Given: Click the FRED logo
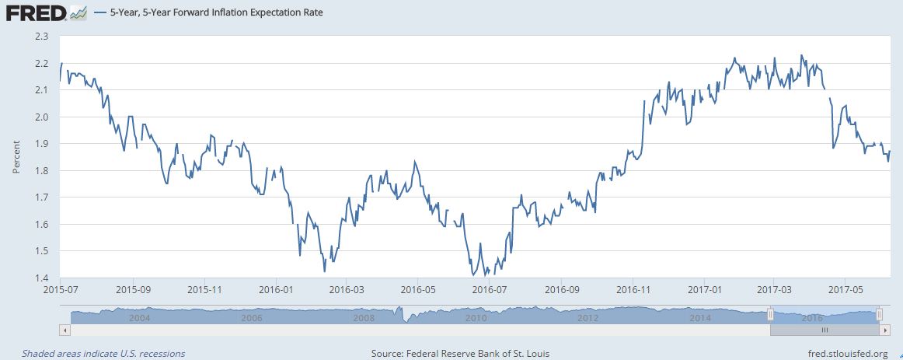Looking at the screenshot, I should point(36,13).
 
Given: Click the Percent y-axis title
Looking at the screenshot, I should point(16,157).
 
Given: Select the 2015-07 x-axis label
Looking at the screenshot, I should point(60,289).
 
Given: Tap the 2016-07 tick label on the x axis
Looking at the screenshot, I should point(490,289).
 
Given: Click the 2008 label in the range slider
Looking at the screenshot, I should point(364,318).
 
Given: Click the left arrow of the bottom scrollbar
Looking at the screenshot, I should point(64,330).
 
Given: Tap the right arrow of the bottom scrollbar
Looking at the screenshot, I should point(886,330).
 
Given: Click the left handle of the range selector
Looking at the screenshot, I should point(770,314).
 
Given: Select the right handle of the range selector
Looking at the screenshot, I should point(878,314).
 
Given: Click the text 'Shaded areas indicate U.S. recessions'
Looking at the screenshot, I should point(103,354).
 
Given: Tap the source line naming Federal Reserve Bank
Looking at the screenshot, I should point(460,354).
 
